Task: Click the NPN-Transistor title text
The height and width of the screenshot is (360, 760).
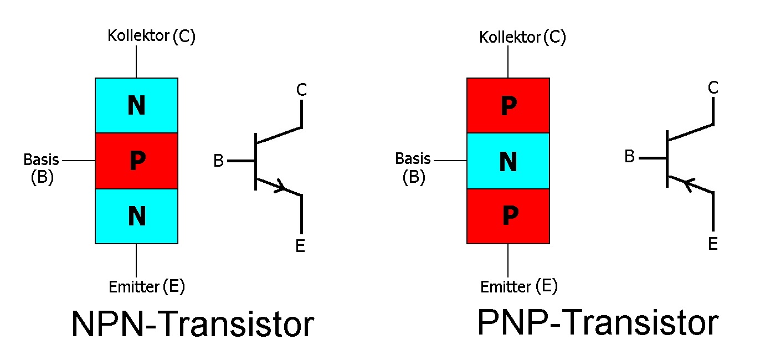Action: pyautogui.click(x=192, y=325)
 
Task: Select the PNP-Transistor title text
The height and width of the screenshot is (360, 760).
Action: pyautogui.click(x=598, y=323)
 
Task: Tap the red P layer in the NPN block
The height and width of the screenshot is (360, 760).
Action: pyautogui.click(x=137, y=161)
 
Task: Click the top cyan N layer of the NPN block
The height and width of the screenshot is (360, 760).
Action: pyautogui.click(x=137, y=105)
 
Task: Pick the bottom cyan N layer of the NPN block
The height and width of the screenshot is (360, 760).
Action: pyautogui.click(x=137, y=217)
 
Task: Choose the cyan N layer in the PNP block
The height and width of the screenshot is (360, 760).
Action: pyautogui.click(x=508, y=161)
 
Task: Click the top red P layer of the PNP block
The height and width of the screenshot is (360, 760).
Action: pyautogui.click(x=508, y=105)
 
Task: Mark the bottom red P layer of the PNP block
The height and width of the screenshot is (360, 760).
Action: pyautogui.click(x=508, y=217)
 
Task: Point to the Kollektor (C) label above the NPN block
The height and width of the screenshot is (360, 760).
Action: pyautogui.click(x=151, y=37)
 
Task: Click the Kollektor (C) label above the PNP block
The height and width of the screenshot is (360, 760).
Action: pyautogui.click(x=522, y=38)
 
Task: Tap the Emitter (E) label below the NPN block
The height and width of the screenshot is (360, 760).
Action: pyautogui.click(x=147, y=287)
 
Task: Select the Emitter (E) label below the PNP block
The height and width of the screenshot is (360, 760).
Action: pyautogui.click(x=518, y=287)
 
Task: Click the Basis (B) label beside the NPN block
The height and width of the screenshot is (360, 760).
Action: pyautogui.click(x=42, y=168)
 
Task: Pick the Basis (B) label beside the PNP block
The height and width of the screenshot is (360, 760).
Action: pyautogui.click(x=413, y=167)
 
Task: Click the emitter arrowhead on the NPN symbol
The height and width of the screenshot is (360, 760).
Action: pyautogui.click(x=281, y=187)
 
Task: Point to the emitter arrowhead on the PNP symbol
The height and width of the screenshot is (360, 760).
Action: pyautogui.click(x=687, y=183)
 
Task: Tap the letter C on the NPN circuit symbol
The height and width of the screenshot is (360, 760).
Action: pyautogui.click(x=301, y=90)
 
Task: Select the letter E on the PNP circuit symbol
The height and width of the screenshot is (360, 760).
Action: pyautogui.click(x=713, y=244)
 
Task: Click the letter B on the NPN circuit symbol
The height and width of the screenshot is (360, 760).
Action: pyautogui.click(x=219, y=161)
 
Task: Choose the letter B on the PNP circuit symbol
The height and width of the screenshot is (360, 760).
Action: pyautogui.click(x=629, y=157)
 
